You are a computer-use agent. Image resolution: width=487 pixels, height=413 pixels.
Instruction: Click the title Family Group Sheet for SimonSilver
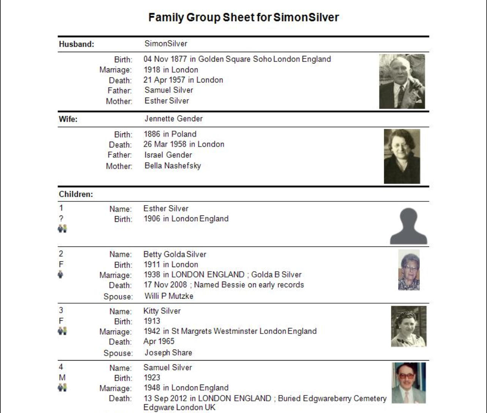tap(243, 17)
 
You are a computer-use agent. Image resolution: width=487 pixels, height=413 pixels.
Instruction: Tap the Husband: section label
tap(76, 44)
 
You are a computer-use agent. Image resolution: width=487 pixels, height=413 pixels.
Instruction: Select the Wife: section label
tap(68, 119)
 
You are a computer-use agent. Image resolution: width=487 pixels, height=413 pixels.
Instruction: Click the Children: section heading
tap(76, 194)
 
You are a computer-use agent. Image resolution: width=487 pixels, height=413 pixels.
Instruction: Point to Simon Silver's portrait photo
tap(402, 81)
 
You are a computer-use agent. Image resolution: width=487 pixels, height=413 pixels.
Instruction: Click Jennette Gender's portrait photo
tap(402, 156)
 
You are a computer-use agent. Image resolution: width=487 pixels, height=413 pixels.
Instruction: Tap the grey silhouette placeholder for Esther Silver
tap(408, 226)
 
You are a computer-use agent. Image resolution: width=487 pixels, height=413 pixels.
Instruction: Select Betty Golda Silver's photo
tap(409, 270)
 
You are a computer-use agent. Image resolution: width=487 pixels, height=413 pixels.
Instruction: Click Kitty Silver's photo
tap(409, 326)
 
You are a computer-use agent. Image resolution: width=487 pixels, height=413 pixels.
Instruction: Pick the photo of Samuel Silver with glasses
tap(409, 383)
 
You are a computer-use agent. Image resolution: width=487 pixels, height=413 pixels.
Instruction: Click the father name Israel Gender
tap(168, 155)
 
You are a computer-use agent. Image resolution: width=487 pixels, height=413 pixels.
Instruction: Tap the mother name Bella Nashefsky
tap(173, 166)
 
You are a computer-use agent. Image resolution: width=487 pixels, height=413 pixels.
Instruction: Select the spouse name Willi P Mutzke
tap(169, 296)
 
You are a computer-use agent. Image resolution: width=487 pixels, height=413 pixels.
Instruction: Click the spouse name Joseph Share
tap(168, 353)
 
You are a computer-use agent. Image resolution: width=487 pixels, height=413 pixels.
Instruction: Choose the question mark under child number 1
tap(61, 218)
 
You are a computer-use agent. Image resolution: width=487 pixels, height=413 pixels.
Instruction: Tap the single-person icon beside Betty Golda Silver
tap(61, 274)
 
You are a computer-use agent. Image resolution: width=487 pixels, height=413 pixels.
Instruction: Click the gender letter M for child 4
tap(62, 378)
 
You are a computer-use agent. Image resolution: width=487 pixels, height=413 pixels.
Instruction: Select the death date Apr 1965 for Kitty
tap(159, 341)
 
